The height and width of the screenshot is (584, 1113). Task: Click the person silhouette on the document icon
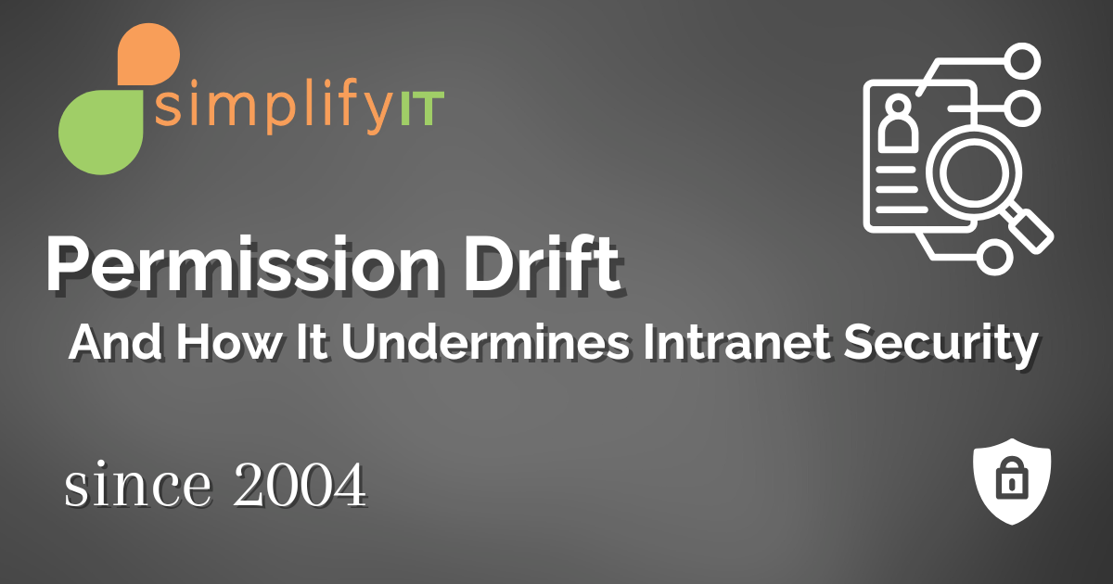[x=897, y=126]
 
